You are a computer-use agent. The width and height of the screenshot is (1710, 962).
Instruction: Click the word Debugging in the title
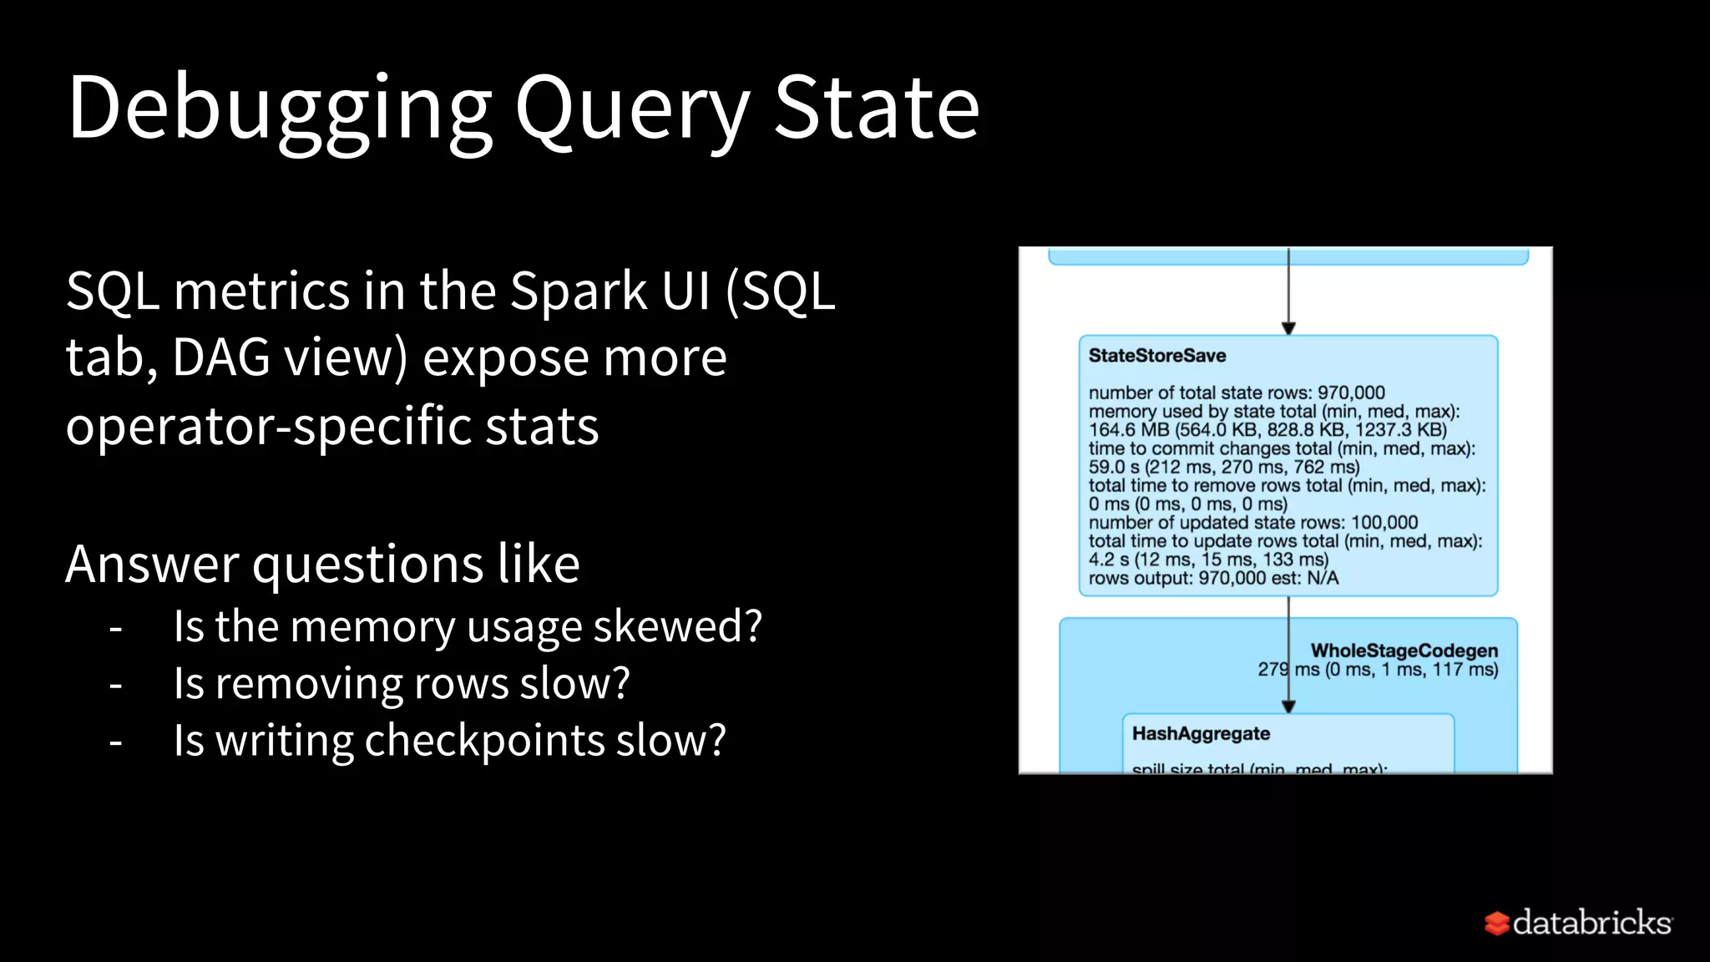pos(280,109)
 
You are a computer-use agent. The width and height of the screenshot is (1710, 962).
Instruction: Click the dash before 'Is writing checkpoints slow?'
pos(116,742)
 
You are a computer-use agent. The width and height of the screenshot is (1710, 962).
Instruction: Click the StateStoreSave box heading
pos(1156,356)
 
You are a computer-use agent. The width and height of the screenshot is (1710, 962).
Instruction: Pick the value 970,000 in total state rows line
pos(1351,392)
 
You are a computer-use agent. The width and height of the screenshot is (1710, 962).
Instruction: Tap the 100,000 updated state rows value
pos(1384,523)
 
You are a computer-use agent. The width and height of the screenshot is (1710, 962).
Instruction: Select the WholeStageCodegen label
pos(1404,651)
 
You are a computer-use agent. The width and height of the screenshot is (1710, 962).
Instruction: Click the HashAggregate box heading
pos(1201,733)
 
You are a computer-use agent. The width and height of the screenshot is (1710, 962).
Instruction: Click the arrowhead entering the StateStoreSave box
pos(1288,329)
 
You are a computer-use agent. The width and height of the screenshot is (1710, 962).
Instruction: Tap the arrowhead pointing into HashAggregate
pos(1288,706)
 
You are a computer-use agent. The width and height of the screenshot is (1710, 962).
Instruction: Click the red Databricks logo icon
pos(1496,923)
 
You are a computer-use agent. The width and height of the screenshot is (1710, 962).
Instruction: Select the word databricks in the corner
pos(1591,922)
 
